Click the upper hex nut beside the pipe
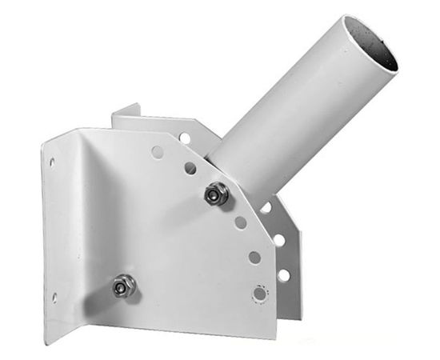pos(214,193)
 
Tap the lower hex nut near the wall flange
pos(122,285)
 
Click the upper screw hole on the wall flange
pos(53,162)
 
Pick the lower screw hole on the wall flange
pos(54,298)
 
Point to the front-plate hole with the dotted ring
pos(259,293)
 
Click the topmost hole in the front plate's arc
pos(158,150)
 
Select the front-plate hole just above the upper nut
pos(190,168)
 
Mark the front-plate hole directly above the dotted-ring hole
pos(254,257)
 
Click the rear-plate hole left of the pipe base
pos(185,138)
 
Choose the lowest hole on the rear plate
pos(283,274)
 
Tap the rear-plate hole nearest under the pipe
pos(266,208)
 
